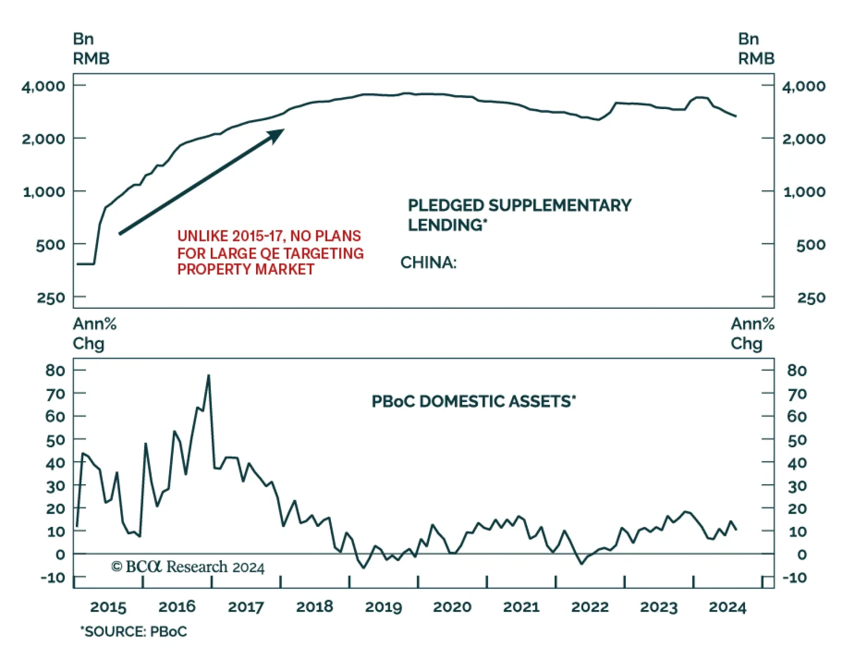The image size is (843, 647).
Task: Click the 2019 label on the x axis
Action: coord(383,607)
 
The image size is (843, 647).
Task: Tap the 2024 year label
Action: coord(727,607)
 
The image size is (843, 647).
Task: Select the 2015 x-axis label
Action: coord(108,607)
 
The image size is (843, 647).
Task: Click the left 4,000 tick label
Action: coord(43,86)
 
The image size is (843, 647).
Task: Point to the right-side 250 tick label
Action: coord(811,298)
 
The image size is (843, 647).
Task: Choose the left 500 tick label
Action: coord(50,244)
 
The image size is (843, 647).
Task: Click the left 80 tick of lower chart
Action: coord(55,370)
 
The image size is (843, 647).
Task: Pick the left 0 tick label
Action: coord(60,554)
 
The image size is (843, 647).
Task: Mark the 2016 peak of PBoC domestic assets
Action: coord(209,376)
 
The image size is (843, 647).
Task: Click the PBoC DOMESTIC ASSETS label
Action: coord(473,401)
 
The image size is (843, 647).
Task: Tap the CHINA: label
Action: coord(428,262)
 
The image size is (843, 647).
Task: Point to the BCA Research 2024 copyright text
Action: coord(188,567)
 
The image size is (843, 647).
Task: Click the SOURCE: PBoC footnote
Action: coord(134,631)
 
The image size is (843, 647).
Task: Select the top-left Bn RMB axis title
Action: coord(91,48)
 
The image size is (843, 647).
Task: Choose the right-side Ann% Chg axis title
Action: coord(752,334)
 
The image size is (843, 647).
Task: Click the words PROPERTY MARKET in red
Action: coord(246,269)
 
